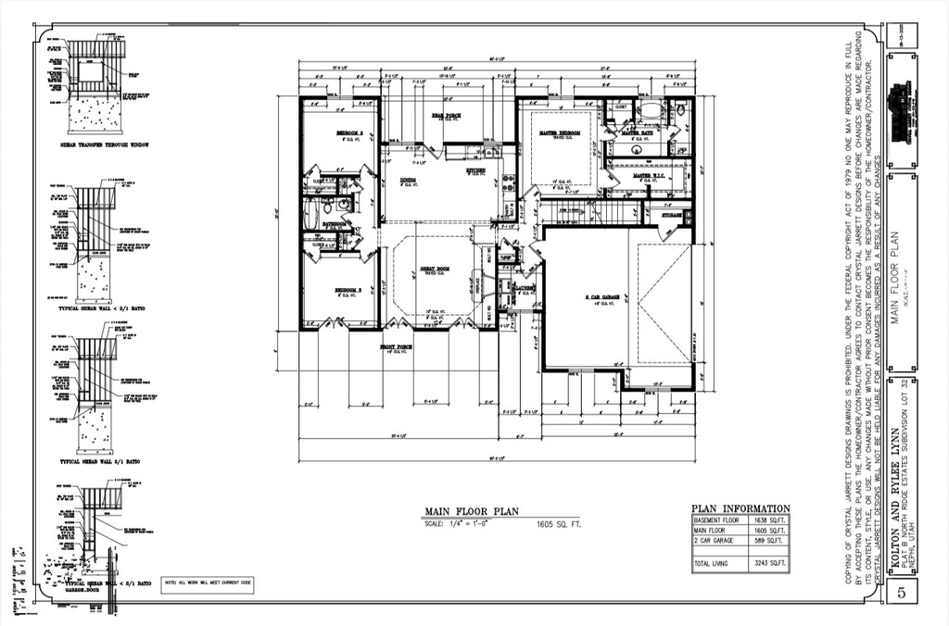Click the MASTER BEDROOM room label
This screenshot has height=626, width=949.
point(560,133)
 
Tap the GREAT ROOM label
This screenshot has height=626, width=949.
point(431,269)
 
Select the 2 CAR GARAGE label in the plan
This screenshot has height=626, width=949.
point(601,297)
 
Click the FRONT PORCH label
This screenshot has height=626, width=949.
point(396,346)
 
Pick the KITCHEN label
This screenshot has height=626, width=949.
point(476,171)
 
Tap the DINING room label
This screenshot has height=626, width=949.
point(408,181)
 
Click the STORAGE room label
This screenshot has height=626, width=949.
point(670,215)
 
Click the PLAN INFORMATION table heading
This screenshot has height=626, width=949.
point(740,508)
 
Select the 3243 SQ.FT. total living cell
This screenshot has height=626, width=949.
point(768,563)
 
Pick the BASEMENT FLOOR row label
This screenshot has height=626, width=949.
point(715,520)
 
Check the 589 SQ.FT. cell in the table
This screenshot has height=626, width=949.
point(768,542)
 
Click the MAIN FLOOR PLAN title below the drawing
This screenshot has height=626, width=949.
point(472,511)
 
